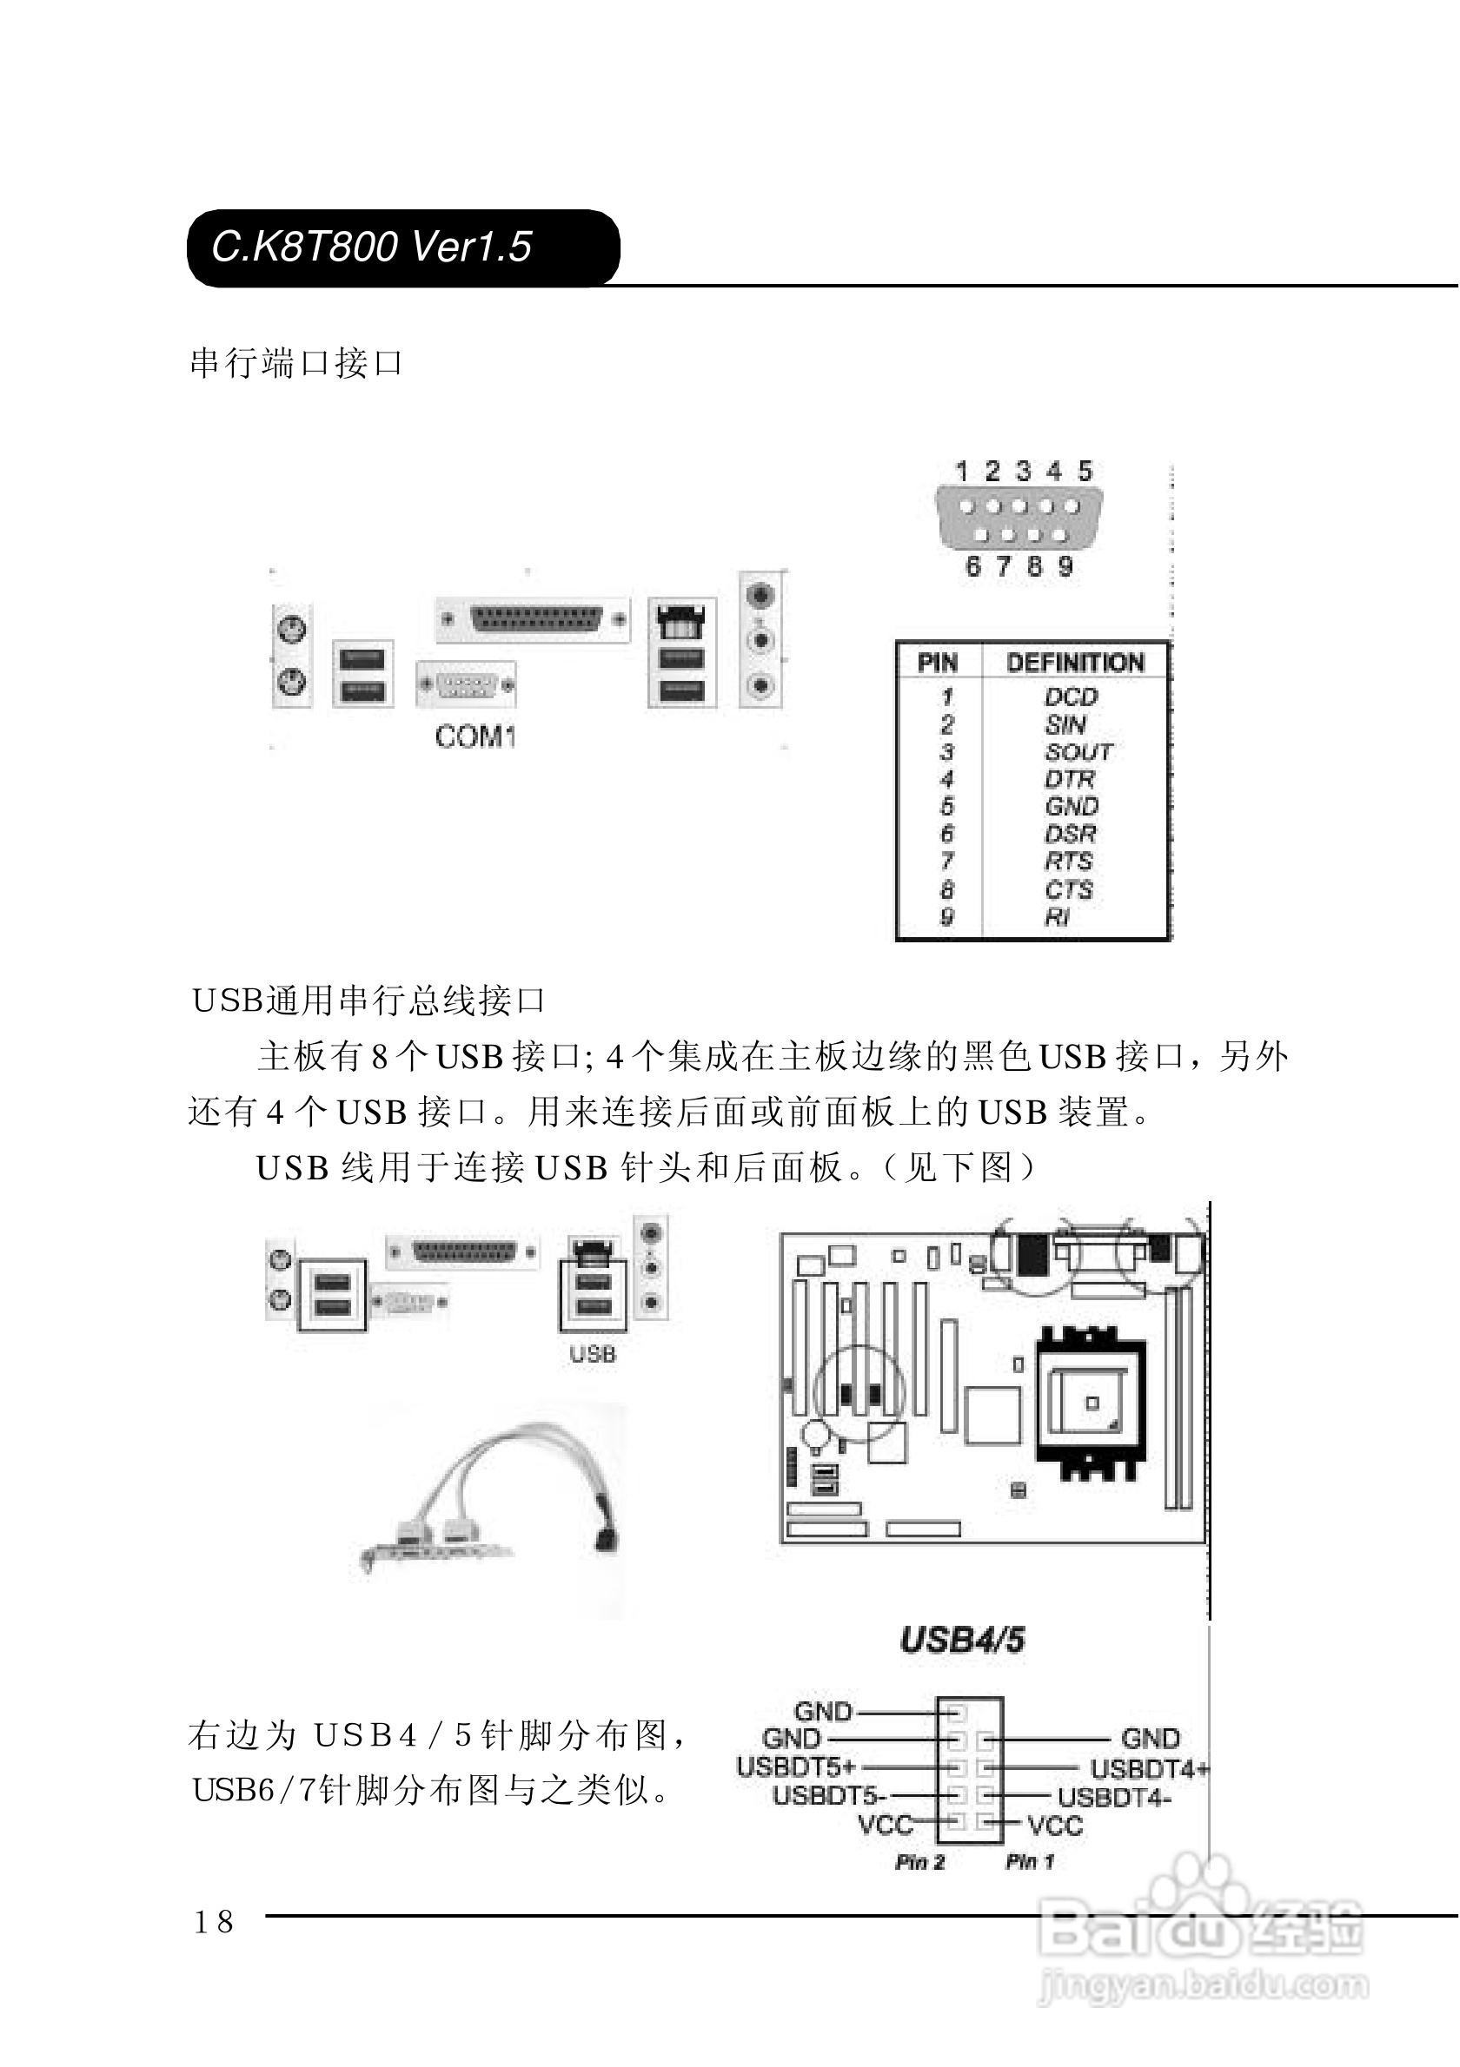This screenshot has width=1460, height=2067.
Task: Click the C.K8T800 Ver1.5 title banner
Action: click(402, 248)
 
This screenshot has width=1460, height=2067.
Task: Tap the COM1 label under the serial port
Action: click(474, 737)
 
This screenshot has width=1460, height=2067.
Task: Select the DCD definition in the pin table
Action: click(1071, 697)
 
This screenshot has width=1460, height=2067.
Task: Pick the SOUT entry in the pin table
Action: click(1078, 752)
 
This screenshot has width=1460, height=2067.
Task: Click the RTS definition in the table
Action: click(1068, 862)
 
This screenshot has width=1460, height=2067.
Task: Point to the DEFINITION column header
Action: click(1075, 663)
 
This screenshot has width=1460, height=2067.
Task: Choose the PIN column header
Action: click(937, 663)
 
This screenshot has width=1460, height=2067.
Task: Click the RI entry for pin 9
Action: click(1058, 917)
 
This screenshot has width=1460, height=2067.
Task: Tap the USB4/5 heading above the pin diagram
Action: click(962, 1641)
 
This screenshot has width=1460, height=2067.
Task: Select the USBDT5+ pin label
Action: click(795, 1767)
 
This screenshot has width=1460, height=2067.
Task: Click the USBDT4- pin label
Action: click(1114, 1798)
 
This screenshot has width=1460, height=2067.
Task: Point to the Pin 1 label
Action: click(1030, 1862)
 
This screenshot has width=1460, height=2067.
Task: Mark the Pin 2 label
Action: click(919, 1862)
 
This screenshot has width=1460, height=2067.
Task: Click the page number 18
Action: click(214, 1922)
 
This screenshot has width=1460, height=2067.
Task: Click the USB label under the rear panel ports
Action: click(593, 1353)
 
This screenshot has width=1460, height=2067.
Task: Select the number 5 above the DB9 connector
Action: click(1085, 471)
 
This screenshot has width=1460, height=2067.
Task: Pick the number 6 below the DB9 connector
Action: click(972, 566)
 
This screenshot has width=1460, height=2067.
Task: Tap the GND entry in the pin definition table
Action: click(1072, 807)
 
